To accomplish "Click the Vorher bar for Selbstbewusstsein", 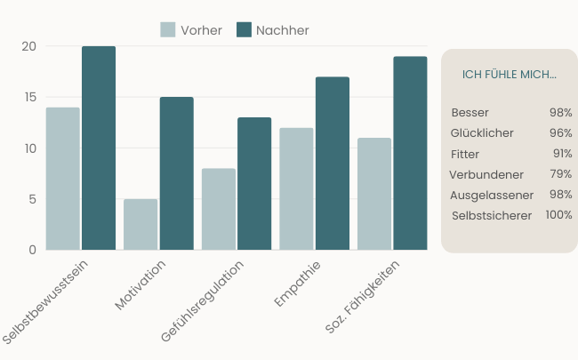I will click(63, 178).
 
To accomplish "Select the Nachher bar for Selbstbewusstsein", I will click(99, 148).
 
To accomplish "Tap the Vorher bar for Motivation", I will click(140, 224).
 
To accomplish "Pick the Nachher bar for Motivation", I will click(176, 173).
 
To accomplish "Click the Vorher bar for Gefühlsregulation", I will click(219, 209).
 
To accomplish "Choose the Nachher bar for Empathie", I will click(332, 163).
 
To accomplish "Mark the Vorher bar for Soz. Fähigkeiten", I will click(374, 194).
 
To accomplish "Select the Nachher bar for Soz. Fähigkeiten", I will click(410, 153).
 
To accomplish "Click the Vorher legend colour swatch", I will click(168, 30).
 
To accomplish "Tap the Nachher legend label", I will click(282, 30).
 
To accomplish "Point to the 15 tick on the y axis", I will click(29, 97).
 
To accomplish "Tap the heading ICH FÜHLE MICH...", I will click(510, 74).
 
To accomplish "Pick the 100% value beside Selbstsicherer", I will click(558, 215).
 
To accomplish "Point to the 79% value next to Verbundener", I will click(560, 174).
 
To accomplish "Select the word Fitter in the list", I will click(465, 154).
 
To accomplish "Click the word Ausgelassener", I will click(492, 195).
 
